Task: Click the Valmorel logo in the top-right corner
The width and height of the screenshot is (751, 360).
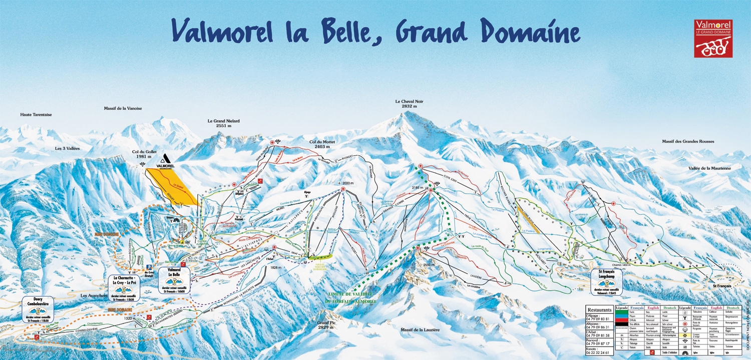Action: (713, 39)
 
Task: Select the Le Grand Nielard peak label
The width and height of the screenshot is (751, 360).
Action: (223, 123)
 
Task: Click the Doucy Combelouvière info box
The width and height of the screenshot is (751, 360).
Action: (38, 309)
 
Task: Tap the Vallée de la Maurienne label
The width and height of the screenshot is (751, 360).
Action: (709, 168)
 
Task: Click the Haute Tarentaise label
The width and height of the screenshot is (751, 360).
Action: (36, 115)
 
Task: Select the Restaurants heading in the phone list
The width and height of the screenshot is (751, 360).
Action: (599, 310)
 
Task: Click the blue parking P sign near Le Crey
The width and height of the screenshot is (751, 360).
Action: (148, 267)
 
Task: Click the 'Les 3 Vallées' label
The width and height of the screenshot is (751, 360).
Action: (68, 149)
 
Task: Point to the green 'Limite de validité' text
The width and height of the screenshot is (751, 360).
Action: (348, 294)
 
